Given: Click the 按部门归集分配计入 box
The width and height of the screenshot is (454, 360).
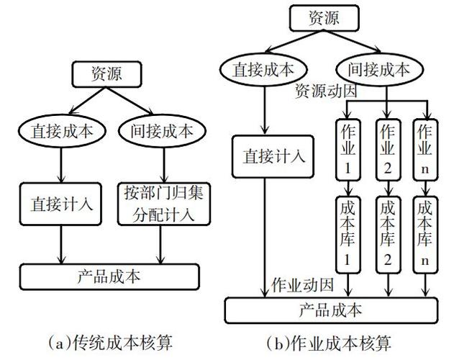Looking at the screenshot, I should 159,204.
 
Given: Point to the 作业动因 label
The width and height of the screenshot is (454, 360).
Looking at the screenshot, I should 303,285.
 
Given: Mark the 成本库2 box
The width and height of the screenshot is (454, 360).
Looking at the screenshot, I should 387,232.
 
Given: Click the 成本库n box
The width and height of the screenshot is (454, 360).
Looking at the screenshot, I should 425,232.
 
